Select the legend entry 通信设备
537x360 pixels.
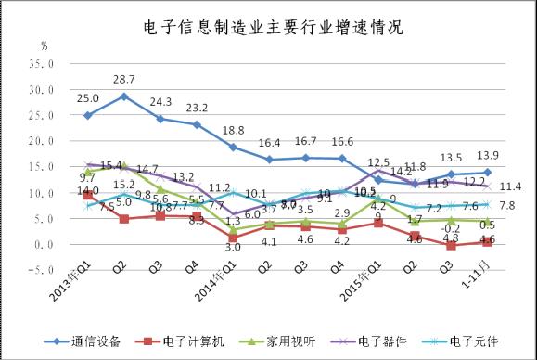coord(110,341)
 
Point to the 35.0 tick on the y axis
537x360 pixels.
coord(41,64)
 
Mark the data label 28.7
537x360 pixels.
coord(124,80)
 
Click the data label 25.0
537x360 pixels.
coord(88,97)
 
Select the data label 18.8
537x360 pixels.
coord(233,130)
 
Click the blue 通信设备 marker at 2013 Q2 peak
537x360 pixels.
coord(124,96)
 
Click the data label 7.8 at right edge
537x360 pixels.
coord(507,205)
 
